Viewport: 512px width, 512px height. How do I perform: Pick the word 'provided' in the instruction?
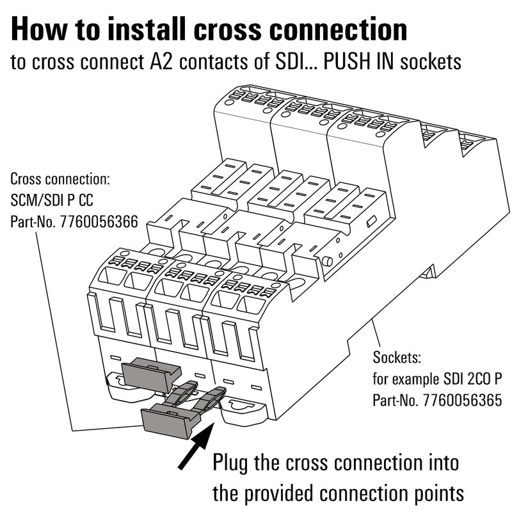tap(296, 493)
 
